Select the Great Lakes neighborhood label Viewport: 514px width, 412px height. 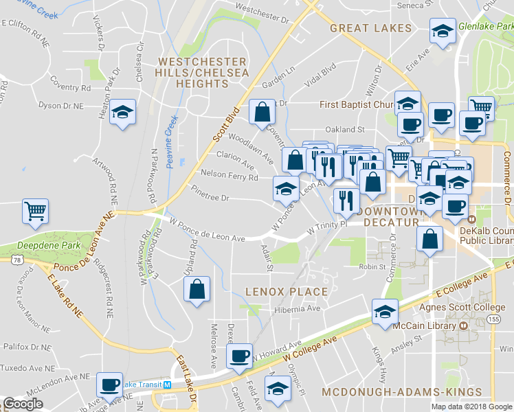(370, 28)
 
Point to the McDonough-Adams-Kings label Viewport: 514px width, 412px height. (402, 392)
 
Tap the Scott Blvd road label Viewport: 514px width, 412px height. (225, 124)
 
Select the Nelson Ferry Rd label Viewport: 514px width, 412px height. (229, 176)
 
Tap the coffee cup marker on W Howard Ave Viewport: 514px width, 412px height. (239, 356)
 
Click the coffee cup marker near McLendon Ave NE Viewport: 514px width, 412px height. (109, 385)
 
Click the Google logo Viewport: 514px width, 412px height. (23, 404)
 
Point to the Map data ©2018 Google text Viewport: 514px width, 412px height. (471, 407)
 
